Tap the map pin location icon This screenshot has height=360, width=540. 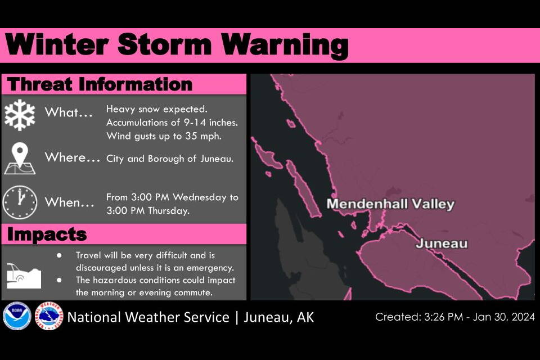coord(20,158)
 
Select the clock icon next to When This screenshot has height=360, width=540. coord(20,202)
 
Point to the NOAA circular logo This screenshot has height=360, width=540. coord(16,317)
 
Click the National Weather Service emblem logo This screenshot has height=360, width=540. coord(49,317)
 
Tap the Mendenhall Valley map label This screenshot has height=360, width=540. coord(390,204)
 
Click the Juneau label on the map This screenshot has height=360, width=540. coord(442,244)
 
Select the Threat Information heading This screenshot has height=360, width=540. coord(100,84)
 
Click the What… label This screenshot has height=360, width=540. coord(69,112)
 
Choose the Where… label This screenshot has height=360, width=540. coord(73,157)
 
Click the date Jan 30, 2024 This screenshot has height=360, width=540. coord(503,317)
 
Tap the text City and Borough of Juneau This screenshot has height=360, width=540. coord(170,159)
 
